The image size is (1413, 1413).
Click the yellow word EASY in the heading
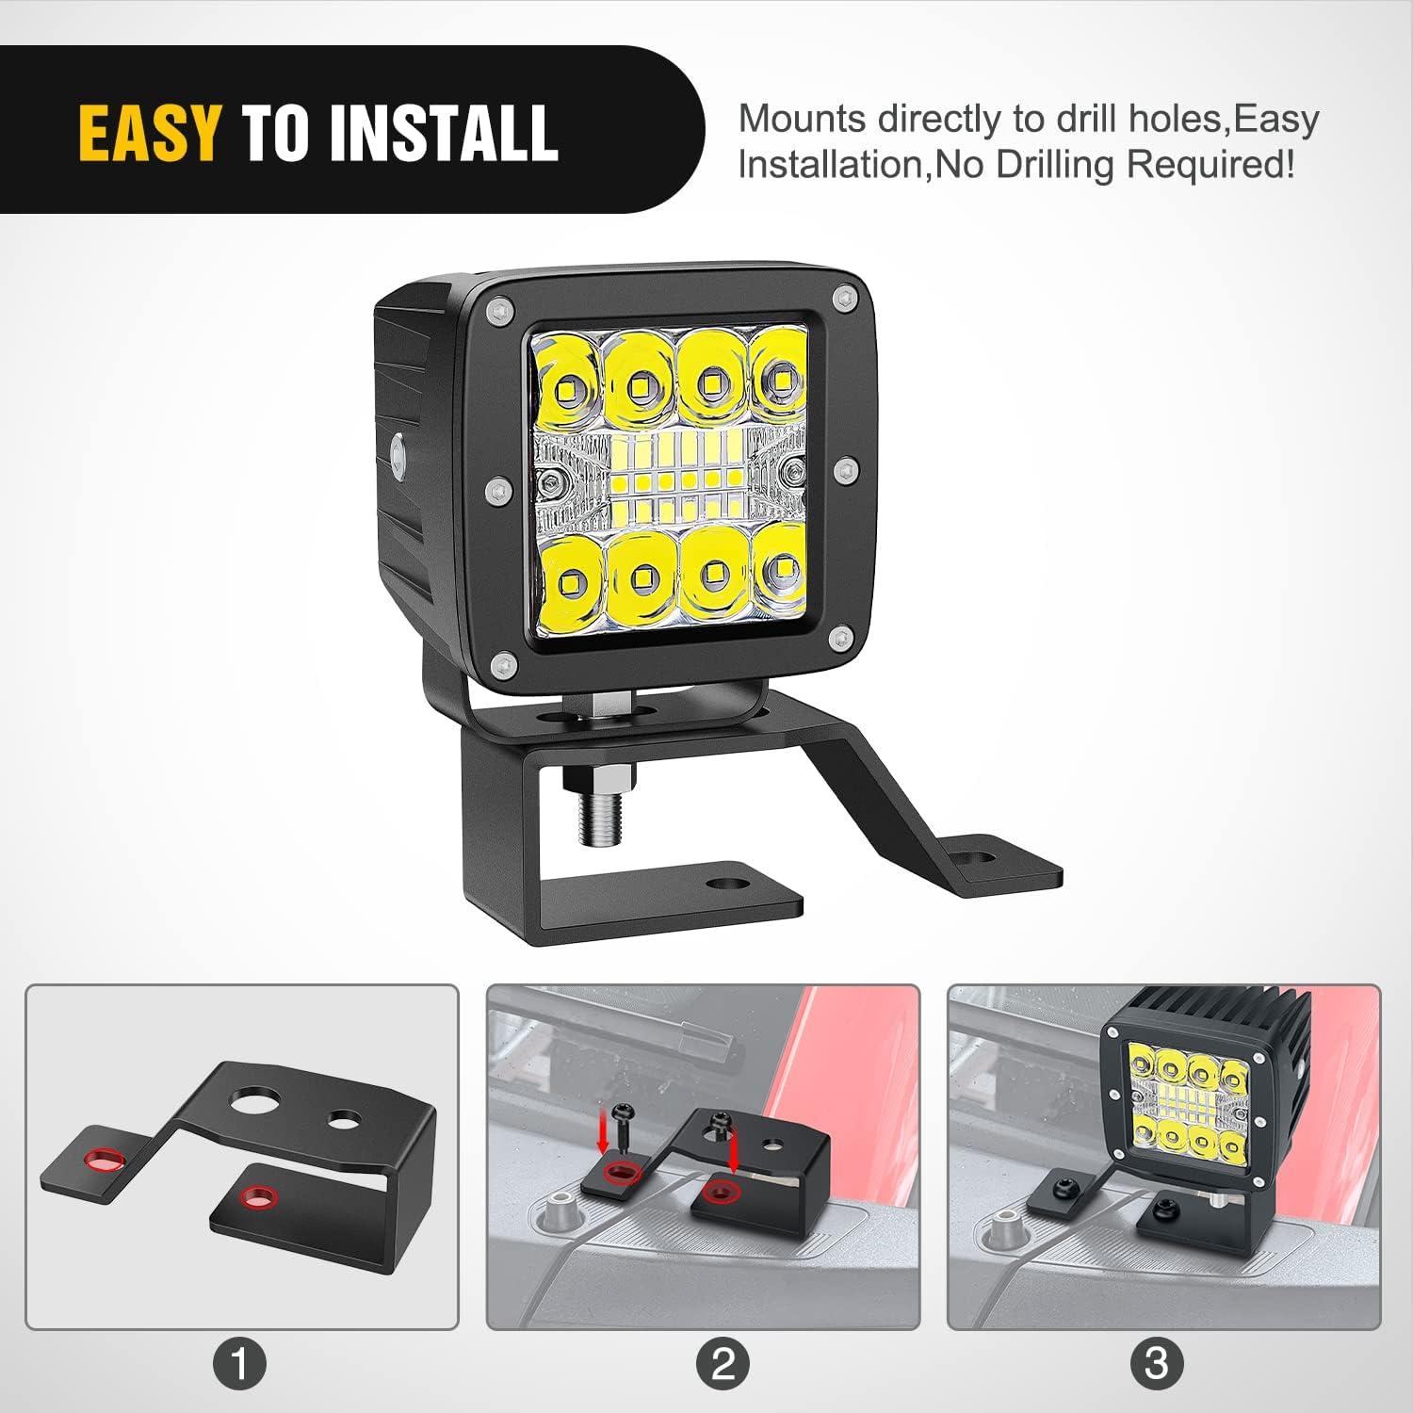[x=150, y=131]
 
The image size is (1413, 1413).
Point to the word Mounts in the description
[x=802, y=120]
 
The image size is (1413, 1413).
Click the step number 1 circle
[x=240, y=1363]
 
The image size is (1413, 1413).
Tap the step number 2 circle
[x=723, y=1363]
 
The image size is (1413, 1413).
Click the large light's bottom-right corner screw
[x=837, y=639]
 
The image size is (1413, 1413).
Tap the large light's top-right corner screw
[x=843, y=299]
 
